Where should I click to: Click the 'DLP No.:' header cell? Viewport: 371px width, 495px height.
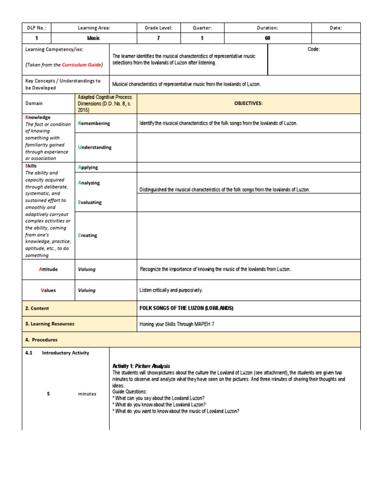pos(37,28)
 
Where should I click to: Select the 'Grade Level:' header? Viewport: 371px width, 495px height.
pos(159,28)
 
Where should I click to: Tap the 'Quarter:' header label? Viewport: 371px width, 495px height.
pos(202,28)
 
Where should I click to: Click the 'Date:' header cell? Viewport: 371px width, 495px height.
pos(336,28)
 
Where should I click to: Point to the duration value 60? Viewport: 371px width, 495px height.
pos(268,38)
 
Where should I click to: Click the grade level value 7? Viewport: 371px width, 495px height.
pos(159,38)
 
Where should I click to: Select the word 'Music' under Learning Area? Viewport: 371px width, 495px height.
pos(94,38)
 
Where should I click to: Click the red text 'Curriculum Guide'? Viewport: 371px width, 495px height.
pos(81,65)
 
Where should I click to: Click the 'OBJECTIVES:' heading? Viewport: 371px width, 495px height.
pos(248,103)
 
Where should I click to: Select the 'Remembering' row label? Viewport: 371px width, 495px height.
pos(94,123)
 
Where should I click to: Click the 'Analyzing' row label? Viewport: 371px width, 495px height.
pos(89,183)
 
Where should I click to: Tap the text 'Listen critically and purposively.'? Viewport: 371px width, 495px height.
pos(171,291)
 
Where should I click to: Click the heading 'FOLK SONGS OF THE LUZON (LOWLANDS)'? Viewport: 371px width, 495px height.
pos(186,308)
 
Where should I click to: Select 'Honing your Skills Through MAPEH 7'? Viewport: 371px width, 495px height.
pos(177,324)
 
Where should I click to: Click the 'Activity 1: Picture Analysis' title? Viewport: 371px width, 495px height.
pos(141,366)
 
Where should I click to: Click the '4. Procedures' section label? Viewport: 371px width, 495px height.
pos(41,340)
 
